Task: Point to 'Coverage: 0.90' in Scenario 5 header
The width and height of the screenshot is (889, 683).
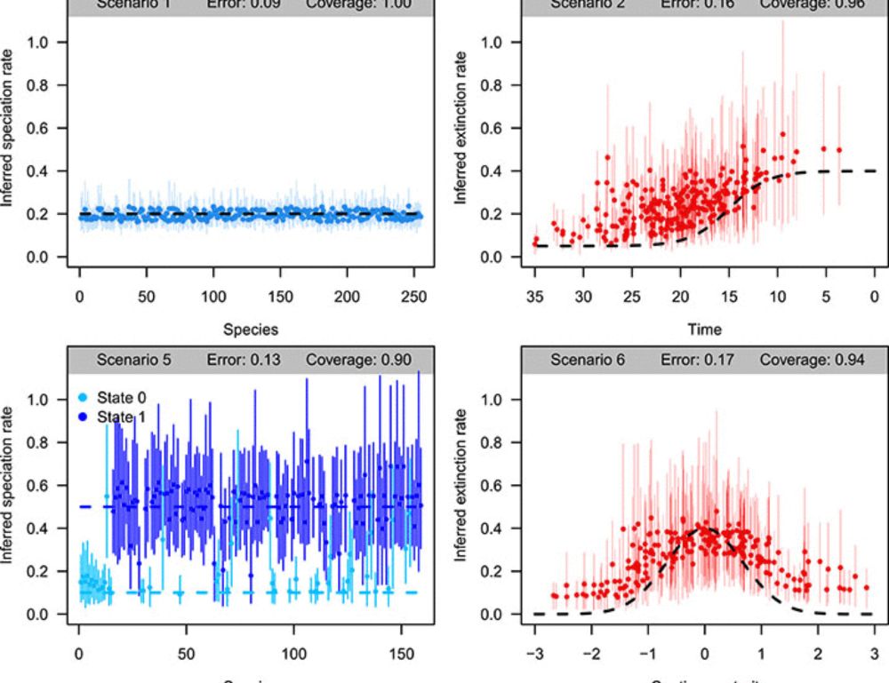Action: [352, 361]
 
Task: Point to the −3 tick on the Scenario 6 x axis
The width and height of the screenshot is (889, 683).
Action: [534, 654]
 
